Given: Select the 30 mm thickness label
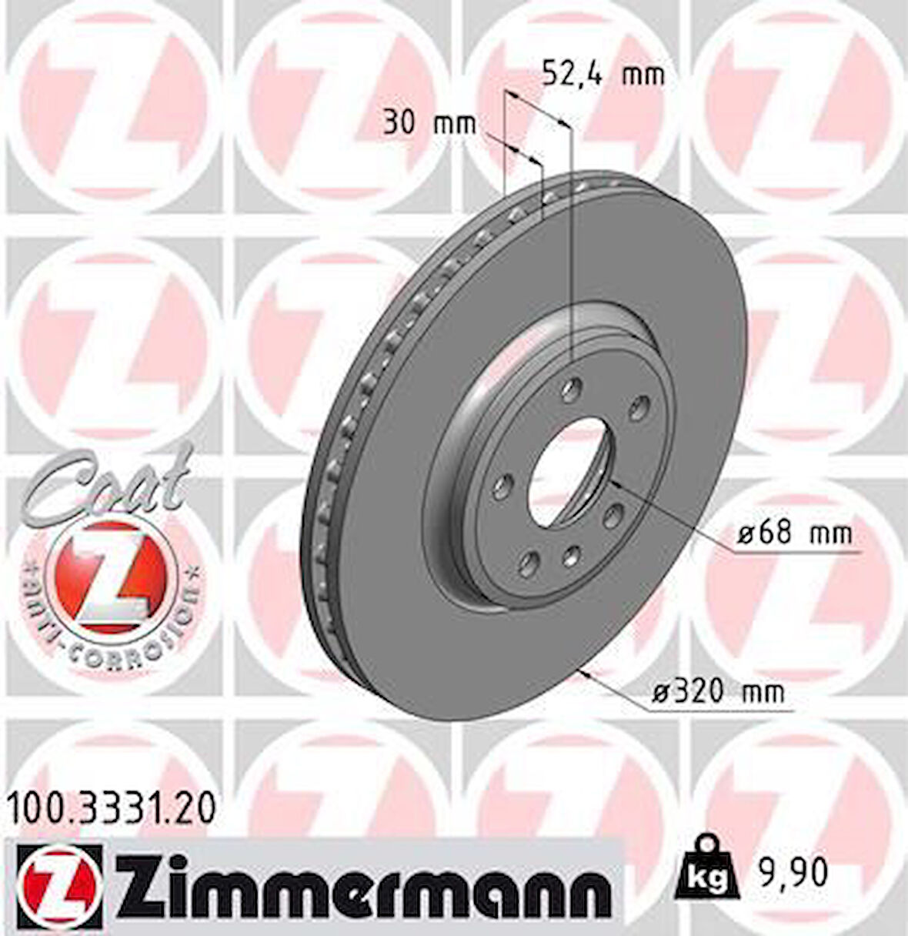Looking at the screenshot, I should (x=429, y=123).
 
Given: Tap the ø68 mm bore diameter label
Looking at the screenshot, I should (x=793, y=533).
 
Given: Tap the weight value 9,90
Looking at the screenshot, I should (x=795, y=872).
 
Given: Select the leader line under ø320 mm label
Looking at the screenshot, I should (x=716, y=710).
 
